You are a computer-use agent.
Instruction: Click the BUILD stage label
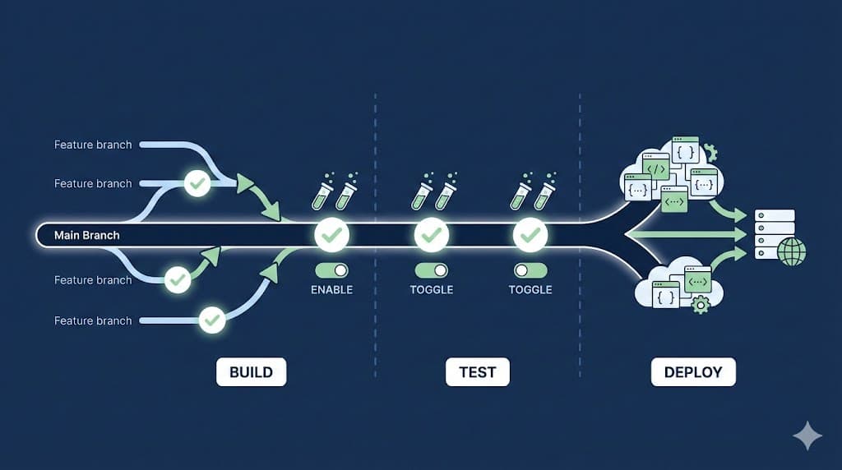click(x=251, y=372)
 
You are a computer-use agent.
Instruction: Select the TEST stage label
click(x=477, y=372)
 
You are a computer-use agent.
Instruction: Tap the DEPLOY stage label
click(x=693, y=372)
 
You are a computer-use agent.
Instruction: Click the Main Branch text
click(x=87, y=235)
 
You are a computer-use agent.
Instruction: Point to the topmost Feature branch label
click(x=93, y=145)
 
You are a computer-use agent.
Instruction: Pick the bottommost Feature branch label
click(x=93, y=320)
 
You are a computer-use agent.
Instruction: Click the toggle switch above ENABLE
click(x=332, y=270)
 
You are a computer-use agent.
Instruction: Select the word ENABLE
click(x=332, y=290)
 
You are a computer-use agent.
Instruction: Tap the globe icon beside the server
click(x=792, y=251)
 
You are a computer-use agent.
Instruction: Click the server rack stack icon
click(x=775, y=233)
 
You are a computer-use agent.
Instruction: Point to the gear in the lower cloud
click(x=701, y=306)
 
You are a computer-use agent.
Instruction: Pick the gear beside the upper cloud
click(x=711, y=152)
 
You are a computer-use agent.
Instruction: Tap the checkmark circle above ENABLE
click(x=332, y=236)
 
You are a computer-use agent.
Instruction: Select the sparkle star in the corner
click(x=807, y=436)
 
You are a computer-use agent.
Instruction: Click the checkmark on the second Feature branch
click(x=197, y=183)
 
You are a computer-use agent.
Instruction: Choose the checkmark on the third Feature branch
click(x=177, y=279)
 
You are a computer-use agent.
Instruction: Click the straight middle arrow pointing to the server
click(x=691, y=235)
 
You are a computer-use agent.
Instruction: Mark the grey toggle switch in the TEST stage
click(x=530, y=270)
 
